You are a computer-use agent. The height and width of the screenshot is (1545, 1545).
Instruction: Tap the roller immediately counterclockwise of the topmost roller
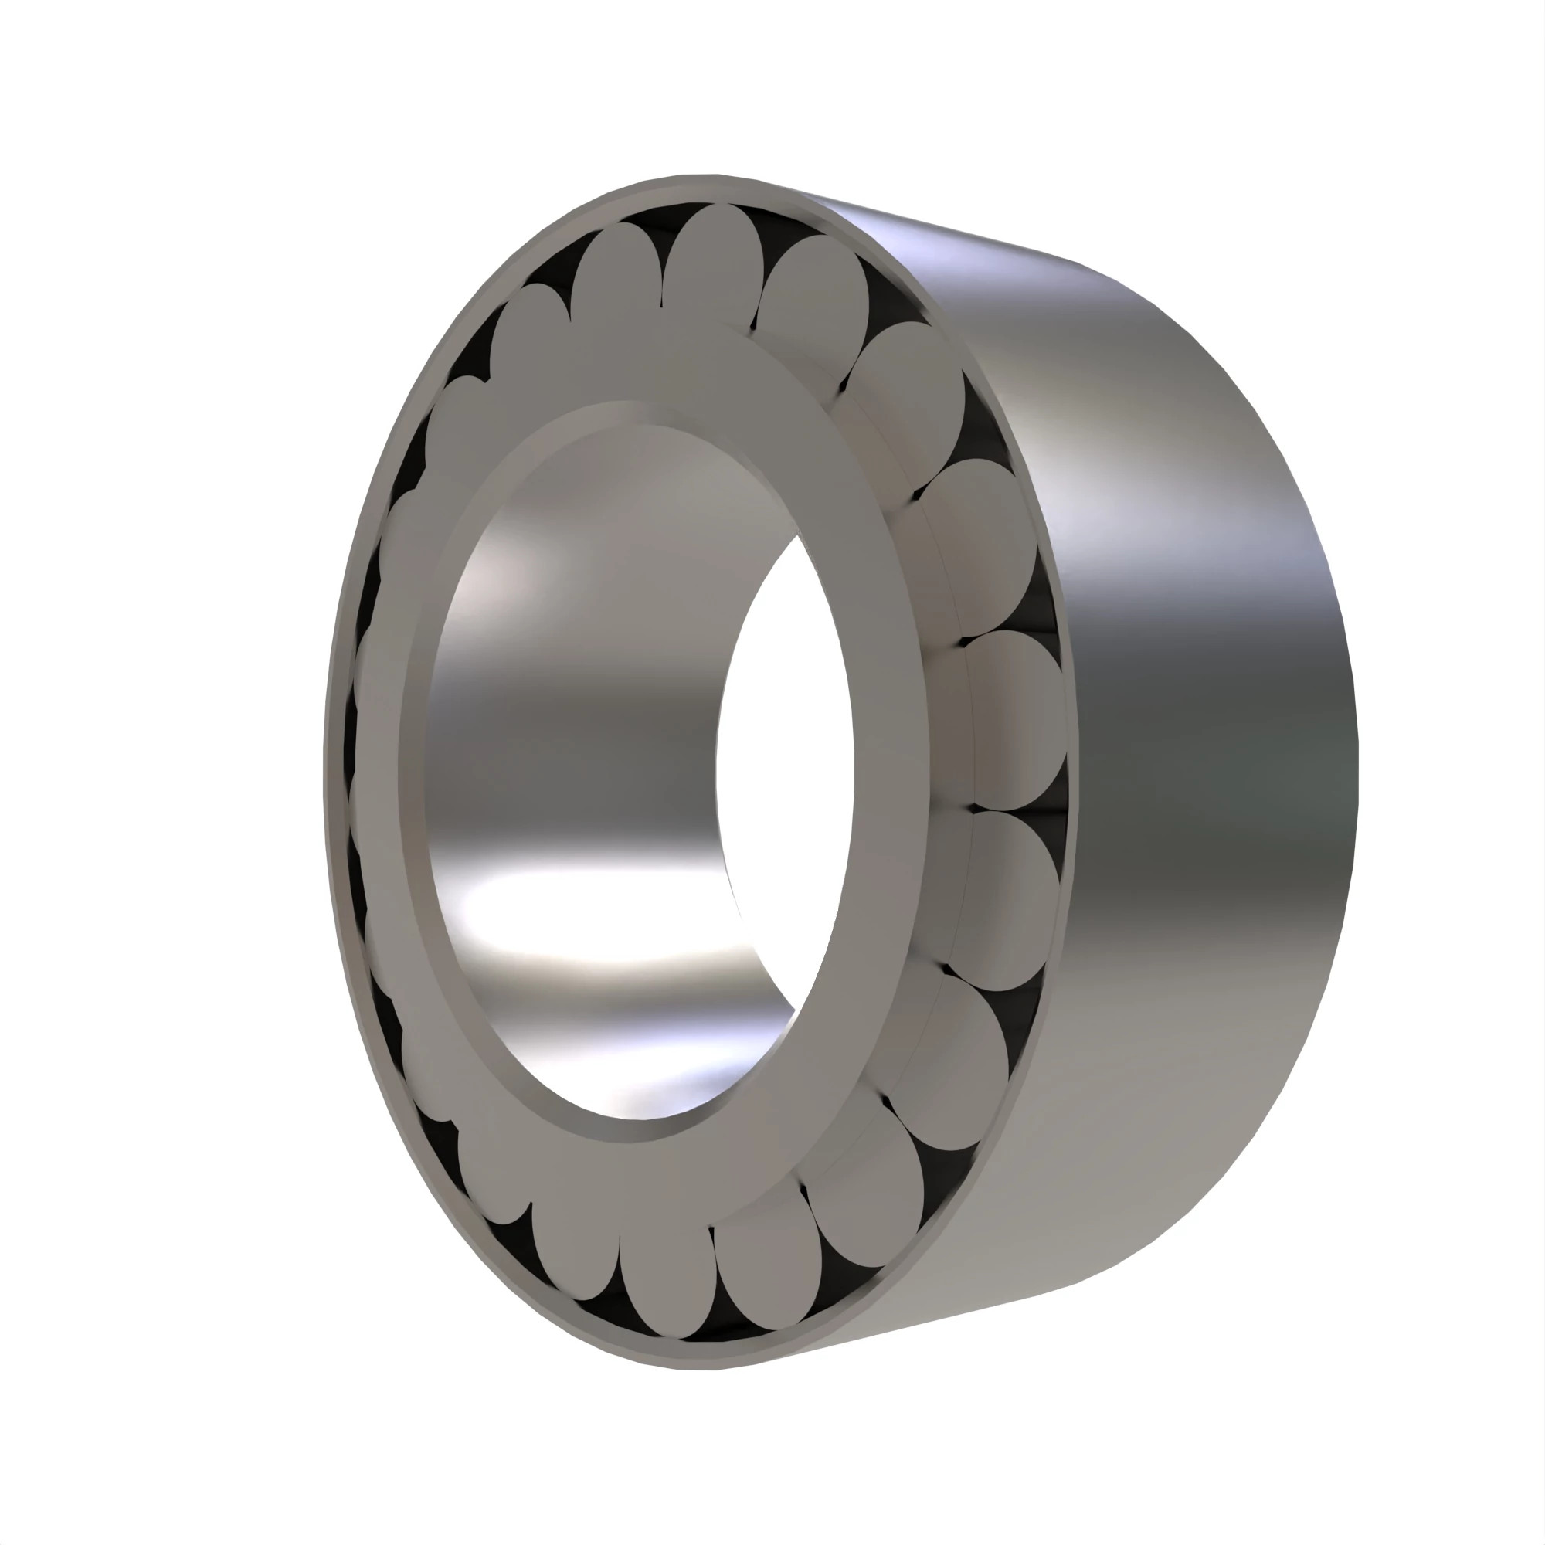[x=616, y=284]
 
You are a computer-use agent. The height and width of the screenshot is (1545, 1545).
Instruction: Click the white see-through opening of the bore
[x=788, y=768]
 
